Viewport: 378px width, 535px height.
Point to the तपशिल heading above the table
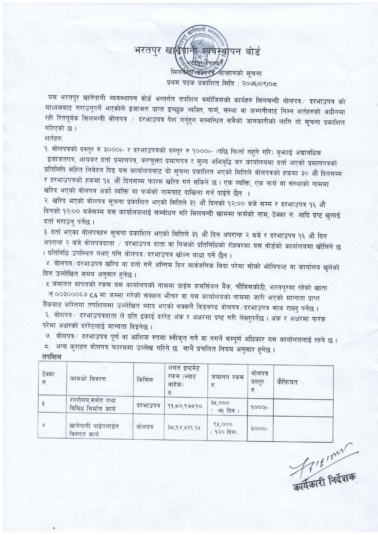pos(53,357)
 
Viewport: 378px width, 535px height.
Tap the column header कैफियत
pos(287,382)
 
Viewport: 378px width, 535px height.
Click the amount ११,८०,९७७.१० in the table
pos(186,406)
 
